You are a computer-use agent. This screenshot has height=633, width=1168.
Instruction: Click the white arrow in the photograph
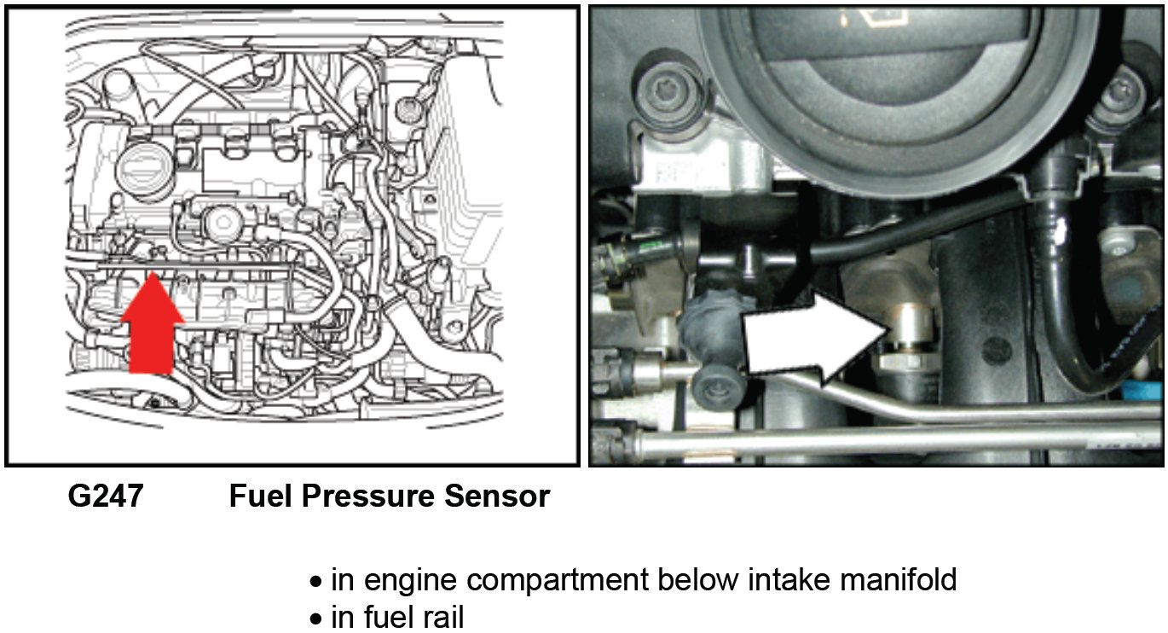(810, 341)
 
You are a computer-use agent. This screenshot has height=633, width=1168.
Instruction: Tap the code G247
(106, 497)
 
